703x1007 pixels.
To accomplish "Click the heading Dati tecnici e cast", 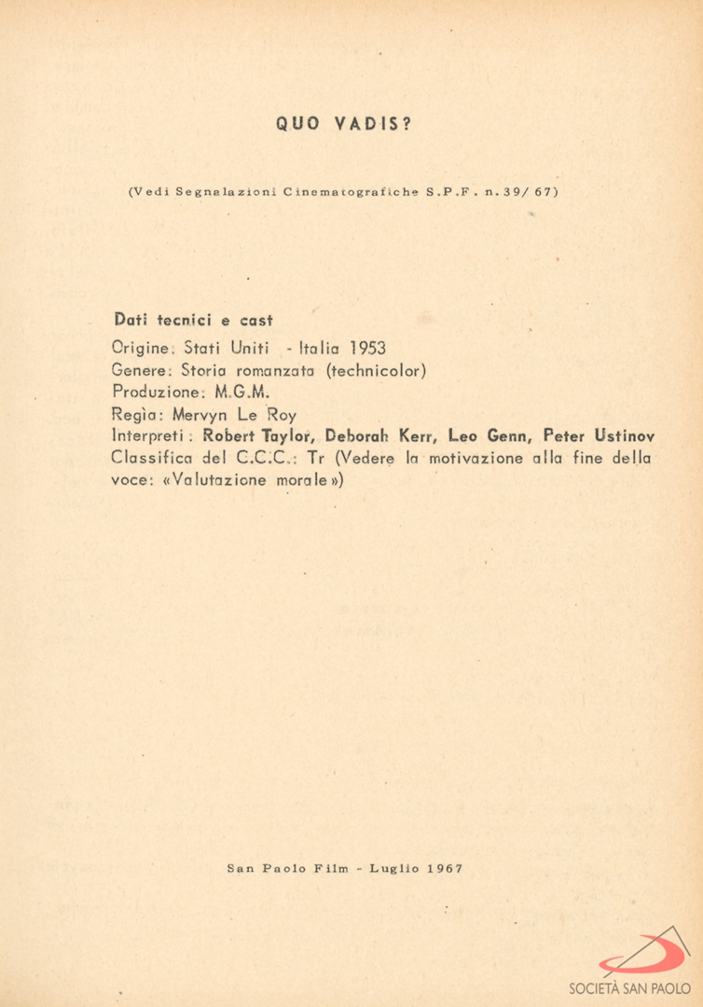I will [192, 320].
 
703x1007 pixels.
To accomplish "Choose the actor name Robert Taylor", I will [257, 435].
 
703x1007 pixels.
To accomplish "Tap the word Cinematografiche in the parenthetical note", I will [350, 193].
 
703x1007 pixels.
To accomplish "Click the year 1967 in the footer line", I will [444, 868].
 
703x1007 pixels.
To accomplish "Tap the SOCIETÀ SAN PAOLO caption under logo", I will [629, 987].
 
